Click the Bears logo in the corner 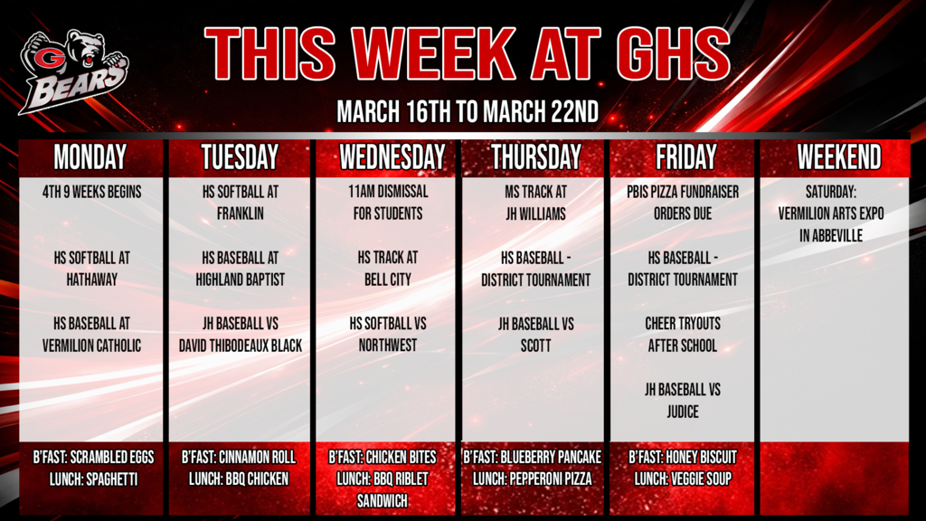tap(74, 71)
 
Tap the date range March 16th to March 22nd tap(467, 113)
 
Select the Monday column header tap(90, 157)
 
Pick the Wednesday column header tap(392, 157)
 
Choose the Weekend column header tap(838, 157)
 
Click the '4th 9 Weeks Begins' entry tap(91, 192)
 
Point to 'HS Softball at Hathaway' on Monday tap(91, 269)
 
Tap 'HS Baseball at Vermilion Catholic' tap(91, 335)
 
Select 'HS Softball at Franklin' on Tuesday tap(241, 203)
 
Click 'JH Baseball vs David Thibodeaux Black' tap(241, 335)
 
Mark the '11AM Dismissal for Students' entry tap(389, 203)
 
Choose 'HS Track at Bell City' tap(389, 269)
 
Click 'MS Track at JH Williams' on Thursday tap(536, 203)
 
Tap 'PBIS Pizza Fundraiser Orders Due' tap(683, 203)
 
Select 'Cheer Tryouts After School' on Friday tap(683, 335)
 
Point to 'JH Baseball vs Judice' tap(683, 401)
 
